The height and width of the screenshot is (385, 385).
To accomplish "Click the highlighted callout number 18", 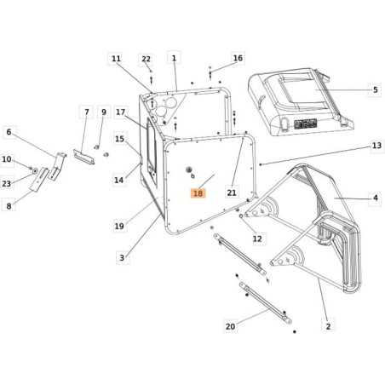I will [198, 193].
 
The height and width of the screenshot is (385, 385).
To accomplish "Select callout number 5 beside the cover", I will [375, 89].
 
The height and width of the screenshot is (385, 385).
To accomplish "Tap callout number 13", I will [376, 146].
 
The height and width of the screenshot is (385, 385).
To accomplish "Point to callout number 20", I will [229, 325].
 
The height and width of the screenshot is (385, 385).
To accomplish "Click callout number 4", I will [375, 199].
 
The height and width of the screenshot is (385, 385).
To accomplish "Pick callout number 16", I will [238, 58].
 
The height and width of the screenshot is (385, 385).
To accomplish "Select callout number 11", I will [115, 58].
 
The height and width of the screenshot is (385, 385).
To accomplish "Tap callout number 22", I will [146, 58].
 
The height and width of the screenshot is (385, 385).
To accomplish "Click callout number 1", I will [174, 58].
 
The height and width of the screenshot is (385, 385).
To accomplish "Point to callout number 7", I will [85, 112].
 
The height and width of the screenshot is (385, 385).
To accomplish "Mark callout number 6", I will [9, 131].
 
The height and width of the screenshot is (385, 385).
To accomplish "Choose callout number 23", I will [7, 184].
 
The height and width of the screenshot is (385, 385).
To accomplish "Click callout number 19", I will [119, 226].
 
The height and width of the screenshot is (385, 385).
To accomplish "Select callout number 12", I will [256, 238].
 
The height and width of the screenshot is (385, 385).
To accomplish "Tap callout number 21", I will [231, 193].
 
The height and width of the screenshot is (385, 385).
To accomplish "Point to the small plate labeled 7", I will [84, 156].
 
